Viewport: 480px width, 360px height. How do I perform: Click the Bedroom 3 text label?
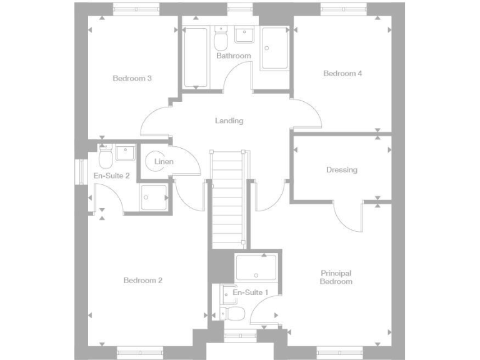tap(132, 78)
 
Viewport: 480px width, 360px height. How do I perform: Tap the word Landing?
tap(229, 121)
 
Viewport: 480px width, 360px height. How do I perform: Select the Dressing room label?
tap(342, 169)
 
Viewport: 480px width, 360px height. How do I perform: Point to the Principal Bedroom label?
tap(336, 277)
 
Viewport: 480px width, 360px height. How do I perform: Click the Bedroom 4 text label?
tap(342, 73)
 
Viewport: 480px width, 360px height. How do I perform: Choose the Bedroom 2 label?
tap(142, 281)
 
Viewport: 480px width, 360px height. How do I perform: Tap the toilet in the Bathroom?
tap(220, 41)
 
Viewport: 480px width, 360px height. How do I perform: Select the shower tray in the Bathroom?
tap(275, 48)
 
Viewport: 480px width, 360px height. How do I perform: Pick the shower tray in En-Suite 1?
tap(256, 267)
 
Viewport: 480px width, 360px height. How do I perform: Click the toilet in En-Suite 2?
tap(105, 157)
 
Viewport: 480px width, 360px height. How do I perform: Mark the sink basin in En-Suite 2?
tap(125, 151)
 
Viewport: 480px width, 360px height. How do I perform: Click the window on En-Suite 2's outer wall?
tap(80, 172)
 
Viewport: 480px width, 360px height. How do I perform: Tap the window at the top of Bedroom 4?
tap(344, 8)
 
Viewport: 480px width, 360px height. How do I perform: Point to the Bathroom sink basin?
tap(244, 35)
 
